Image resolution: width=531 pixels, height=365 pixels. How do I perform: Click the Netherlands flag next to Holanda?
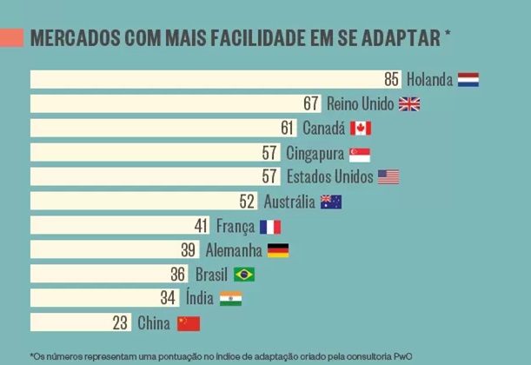pyautogui.click(x=468, y=80)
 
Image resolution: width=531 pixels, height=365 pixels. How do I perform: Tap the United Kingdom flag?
pyautogui.click(x=409, y=104)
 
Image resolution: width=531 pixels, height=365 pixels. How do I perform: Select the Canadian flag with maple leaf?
pyautogui.click(x=361, y=129)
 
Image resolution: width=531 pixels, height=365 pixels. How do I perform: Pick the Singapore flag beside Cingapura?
pyautogui.click(x=360, y=154)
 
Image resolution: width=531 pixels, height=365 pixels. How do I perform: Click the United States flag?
pyautogui.click(x=388, y=177)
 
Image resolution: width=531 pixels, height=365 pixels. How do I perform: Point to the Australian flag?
pyautogui.click(x=331, y=202)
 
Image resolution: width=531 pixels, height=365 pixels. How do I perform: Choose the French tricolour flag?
pyautogui.click(x=270, y=227)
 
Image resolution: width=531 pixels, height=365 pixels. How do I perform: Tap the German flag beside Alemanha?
pyautogui.click(x=278, y=251)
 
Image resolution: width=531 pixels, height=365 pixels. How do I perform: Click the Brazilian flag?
pyautogui.click(x=244, y=275)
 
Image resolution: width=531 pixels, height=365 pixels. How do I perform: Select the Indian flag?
pyautogui.click(x=231, y=299)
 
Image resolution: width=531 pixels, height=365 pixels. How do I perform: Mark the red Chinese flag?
pyautogui.click(x=189, y=323)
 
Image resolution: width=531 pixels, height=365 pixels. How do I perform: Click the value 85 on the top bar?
pyautogui.click(x=392, y=80)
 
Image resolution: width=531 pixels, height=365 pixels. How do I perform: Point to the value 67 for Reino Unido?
pyautogui.click(x=312, y=104)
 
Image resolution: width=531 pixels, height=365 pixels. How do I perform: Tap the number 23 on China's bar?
pyautogui.click(x=121, y=323)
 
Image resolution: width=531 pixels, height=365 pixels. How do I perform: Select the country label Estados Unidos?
pyautogui.click(x=329, y=177)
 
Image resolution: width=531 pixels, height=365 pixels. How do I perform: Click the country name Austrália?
pyautogui.click(x=289, y=202)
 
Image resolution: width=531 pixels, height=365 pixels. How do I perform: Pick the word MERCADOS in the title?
pyautogui.click(x=73, y=39)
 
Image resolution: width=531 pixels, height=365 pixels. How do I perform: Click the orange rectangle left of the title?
pyautogui.click(x=11, y=38)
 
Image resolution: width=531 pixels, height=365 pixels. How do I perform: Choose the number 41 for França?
pyautogui.click(x=202, y=227)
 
